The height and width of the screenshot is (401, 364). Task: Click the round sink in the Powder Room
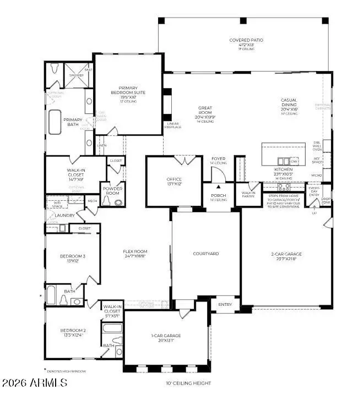106,202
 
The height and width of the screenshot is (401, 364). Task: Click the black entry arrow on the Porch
218,187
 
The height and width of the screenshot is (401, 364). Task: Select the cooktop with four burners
284,186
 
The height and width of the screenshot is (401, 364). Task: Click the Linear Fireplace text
173,125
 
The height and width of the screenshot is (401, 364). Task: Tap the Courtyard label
206,254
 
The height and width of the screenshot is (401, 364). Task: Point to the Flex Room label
135,254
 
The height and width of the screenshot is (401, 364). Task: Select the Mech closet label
92,201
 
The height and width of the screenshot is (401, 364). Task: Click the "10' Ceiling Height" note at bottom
189,383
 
